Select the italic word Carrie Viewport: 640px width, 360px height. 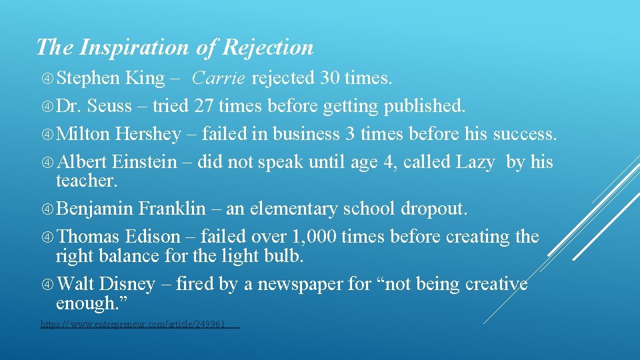(x=219, y=79)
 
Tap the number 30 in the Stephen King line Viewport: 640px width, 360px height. (x=329, y=79)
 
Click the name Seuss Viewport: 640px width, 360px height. (x=109, y=105)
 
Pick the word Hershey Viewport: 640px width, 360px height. (x=148, y=134)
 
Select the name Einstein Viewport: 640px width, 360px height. (x=145, y=162)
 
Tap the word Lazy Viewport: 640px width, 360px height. (x=475, y=162)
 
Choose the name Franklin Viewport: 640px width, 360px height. (x=172, y=209)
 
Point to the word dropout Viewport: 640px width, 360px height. (x=434, y=209)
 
